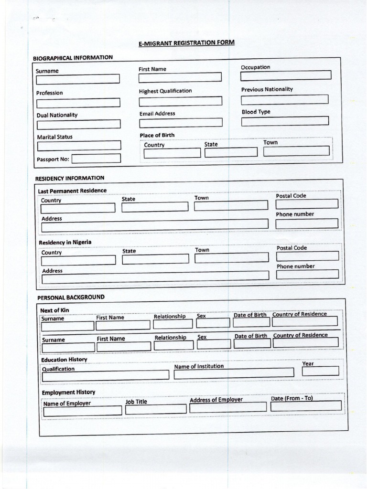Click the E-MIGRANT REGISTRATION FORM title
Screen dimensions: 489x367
point(186,43)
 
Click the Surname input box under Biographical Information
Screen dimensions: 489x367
point(78,79)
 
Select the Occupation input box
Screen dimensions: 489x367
point(286,75)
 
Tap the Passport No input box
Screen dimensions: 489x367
point(96,158)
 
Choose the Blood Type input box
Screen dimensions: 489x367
point(285,121)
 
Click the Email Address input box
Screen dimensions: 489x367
point(181,123)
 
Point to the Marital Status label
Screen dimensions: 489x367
point(55,137)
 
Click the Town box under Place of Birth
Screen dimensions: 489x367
point(296,151)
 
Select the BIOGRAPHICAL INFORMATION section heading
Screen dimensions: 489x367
point(73,58)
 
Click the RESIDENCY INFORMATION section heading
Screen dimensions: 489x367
point(70,178)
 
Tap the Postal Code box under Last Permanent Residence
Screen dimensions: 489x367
point(307,204)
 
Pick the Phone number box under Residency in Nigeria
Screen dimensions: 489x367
point(308,274)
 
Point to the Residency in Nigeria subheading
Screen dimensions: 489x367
point(65,242)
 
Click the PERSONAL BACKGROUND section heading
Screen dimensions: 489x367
point(71,297)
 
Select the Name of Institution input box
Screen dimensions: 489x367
point(234,372)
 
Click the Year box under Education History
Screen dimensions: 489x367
point(320,371)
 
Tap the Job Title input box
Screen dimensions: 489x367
point(156,409)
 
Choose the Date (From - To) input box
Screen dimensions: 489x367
point(306,406)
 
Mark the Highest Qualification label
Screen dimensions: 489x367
point(165,91)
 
